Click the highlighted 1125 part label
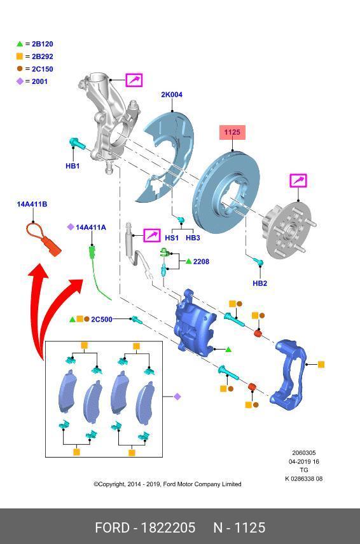(x=232, y=132)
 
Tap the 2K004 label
(x=171, y=95)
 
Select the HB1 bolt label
(x=73, y=166)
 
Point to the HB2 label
(x=260, y=283)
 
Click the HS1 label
(x=172, y=238)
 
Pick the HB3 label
(x=193, y=238)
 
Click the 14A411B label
(x=32, y=204)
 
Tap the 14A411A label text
(x=91, y=227)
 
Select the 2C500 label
(x=102, y=319)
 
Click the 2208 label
(x=201, y=261)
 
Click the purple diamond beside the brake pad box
(x=177, y=397)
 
